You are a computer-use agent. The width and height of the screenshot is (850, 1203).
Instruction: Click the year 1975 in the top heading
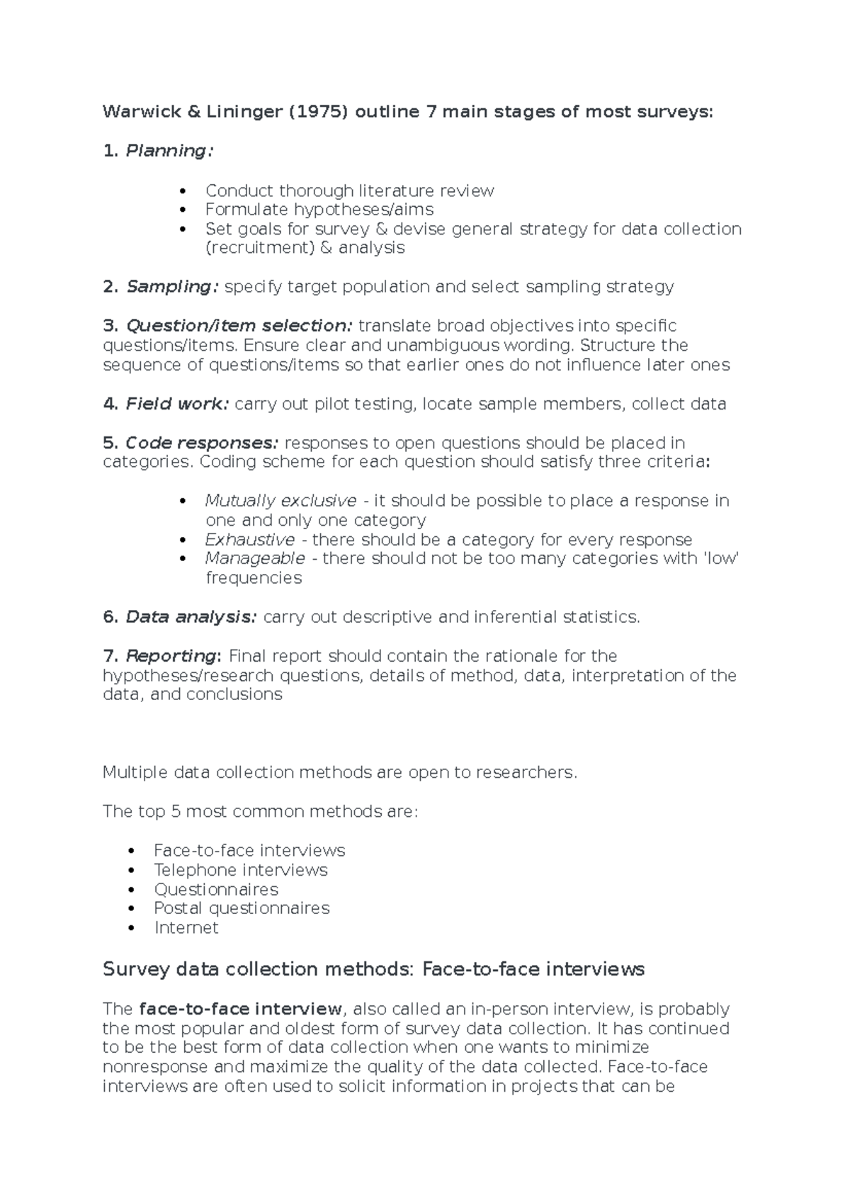coord(318,112)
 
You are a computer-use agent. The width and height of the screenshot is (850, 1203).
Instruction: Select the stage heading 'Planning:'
coord(169,151)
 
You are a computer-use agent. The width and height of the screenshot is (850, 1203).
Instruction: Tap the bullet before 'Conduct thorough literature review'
coord(183,191)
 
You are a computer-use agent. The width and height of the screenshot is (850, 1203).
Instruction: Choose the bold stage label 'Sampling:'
coord(172,287)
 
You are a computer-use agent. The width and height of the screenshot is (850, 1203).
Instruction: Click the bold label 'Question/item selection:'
coord(239,326)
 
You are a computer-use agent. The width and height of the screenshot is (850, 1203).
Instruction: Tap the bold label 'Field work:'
coord(177,404)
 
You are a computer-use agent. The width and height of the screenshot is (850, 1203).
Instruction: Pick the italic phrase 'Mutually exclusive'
coord(280,501)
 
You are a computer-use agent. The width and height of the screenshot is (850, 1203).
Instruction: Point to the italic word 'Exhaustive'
coord(250,540)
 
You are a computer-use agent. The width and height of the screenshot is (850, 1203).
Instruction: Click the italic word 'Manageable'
coord(255,558)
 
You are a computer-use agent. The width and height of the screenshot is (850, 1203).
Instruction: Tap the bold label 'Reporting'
coord(172,656)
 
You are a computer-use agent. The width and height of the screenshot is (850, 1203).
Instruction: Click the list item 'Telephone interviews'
coord(241,870)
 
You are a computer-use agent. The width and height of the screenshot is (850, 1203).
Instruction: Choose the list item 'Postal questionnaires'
coord(242,908)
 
